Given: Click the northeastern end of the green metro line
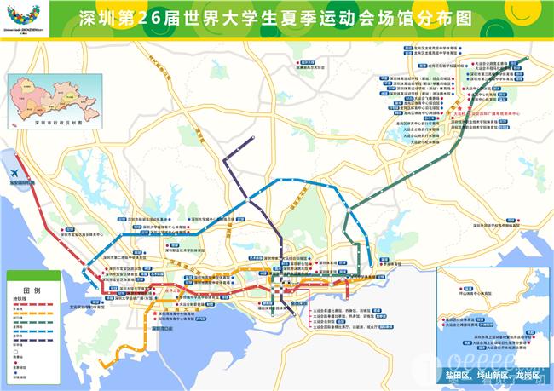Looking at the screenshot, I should pos(527,58).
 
